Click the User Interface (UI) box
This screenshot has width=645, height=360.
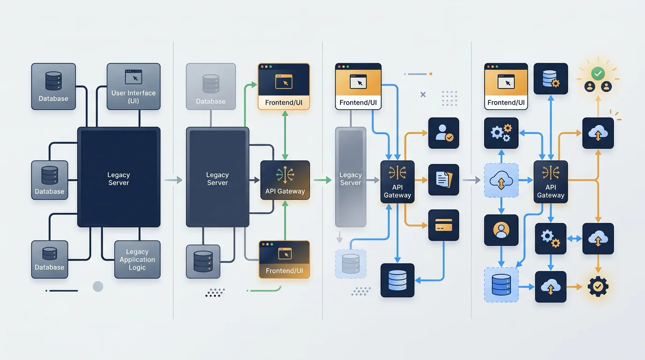pyautogui.click(x=134, y=86)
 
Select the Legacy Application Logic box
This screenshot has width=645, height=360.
pyautogui.click(x=137, y=260)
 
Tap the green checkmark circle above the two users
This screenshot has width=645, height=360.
pyautogui.click(x=598, y=74)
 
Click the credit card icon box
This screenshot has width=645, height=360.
pyautogui.click(x=443, y=225)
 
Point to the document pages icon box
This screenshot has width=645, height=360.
pyautogui.click(x=443, y=180)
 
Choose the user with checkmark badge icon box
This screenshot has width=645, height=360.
pyautogui.click(x=443, y=133)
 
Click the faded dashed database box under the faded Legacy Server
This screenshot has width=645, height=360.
pyautogui.click(x=351, y=264)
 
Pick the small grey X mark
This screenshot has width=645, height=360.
pyautogui.click(x=423, y=95)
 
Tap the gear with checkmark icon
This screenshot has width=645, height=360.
pyautogui.click(x=598, y=286)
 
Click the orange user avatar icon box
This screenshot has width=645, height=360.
pyautogui.click(x=501, y=230)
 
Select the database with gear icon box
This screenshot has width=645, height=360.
pyautogui.click(x=551, y=79)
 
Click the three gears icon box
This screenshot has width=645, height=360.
pyautogui.click(x=501, y=133)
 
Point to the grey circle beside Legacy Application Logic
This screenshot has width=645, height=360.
pyautogui.click(x=98, y=286)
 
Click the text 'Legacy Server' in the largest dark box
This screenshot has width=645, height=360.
pyautogui.click(x=119, y=179)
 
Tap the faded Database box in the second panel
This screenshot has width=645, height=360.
pyautogui.click(x=211, y=86)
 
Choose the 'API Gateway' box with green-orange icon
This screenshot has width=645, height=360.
pyautogui.click(x=285, y=180)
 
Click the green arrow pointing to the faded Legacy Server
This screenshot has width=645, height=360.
pyautogui.click(x=322, y=180)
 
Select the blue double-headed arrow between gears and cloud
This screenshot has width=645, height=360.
pyautogui.click(x=574, y=239)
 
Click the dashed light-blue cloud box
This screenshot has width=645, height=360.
pyautogui.click(x=501, y=180)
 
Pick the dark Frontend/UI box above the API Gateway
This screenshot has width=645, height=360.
pyautogui.click(x=284, y=86)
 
